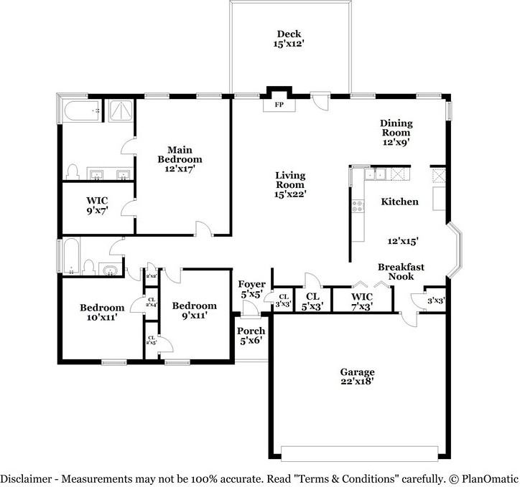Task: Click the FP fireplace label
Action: click(x=279, y=105)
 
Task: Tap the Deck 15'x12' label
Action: click(x=288, y=39)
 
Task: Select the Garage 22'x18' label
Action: click(x=357, y=377)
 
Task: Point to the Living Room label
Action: click(x=290, y=184)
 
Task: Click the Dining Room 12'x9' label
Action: click(x=396, y=133)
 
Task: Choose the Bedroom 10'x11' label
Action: click(x=102, y=313)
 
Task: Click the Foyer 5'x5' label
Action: click(x=251, y=289)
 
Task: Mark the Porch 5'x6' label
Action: click(x=251, y=335)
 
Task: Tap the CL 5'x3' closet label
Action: click(x=312, y=300)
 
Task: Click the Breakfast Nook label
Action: click(x=401, y=271)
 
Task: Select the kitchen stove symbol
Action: click(x=356, y=208)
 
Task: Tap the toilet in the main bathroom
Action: click(x=72, y=171)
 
